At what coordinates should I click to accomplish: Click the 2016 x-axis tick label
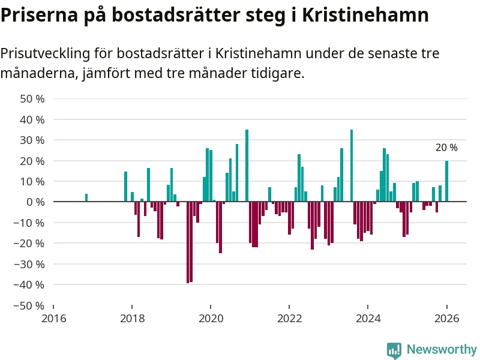[53, 318]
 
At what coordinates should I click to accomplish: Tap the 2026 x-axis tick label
[447, 318]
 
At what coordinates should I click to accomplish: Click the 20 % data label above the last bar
[446, 148]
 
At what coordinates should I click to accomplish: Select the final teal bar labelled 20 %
[446, 181]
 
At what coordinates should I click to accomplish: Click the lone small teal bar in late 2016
[86, 197]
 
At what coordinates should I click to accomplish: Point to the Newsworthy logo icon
[394, 350]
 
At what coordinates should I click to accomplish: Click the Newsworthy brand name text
[442, 349]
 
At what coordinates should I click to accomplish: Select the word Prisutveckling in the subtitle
[45, 54]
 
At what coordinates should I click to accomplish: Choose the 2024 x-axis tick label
[368, 318]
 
